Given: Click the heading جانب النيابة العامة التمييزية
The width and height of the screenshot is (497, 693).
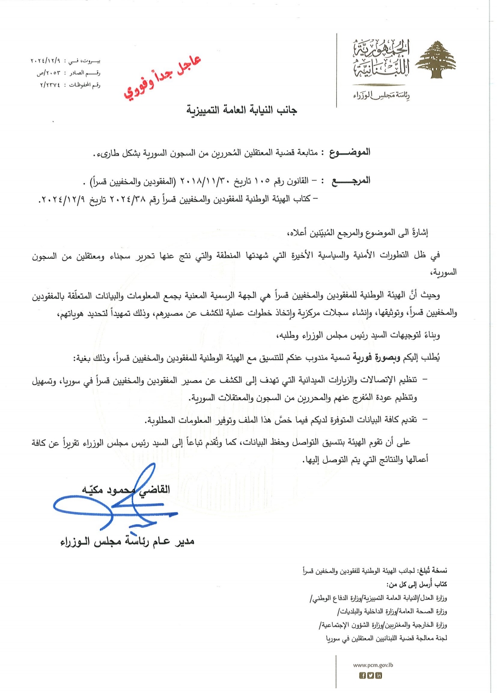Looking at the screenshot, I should point(242,110).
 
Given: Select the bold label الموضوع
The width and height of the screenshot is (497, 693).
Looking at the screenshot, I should point(350,152).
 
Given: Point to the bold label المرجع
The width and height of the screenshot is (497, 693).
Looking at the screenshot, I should point(351,181).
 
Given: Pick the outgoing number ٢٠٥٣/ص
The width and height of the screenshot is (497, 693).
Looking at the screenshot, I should point(48,73).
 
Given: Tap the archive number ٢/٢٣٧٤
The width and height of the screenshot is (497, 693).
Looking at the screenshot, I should point(50,85).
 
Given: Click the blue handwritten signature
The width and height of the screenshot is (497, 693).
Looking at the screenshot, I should point(115,504).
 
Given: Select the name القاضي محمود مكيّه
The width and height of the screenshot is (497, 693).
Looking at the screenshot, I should point(126,489).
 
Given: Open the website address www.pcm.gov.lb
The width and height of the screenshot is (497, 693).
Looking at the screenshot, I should point(373,665).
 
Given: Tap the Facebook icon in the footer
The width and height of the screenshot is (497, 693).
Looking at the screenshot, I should point(362,676).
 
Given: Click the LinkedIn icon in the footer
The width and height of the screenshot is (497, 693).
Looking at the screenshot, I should point(379,676).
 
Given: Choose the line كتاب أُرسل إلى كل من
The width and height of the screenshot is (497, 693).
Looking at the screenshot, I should point(416,584).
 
